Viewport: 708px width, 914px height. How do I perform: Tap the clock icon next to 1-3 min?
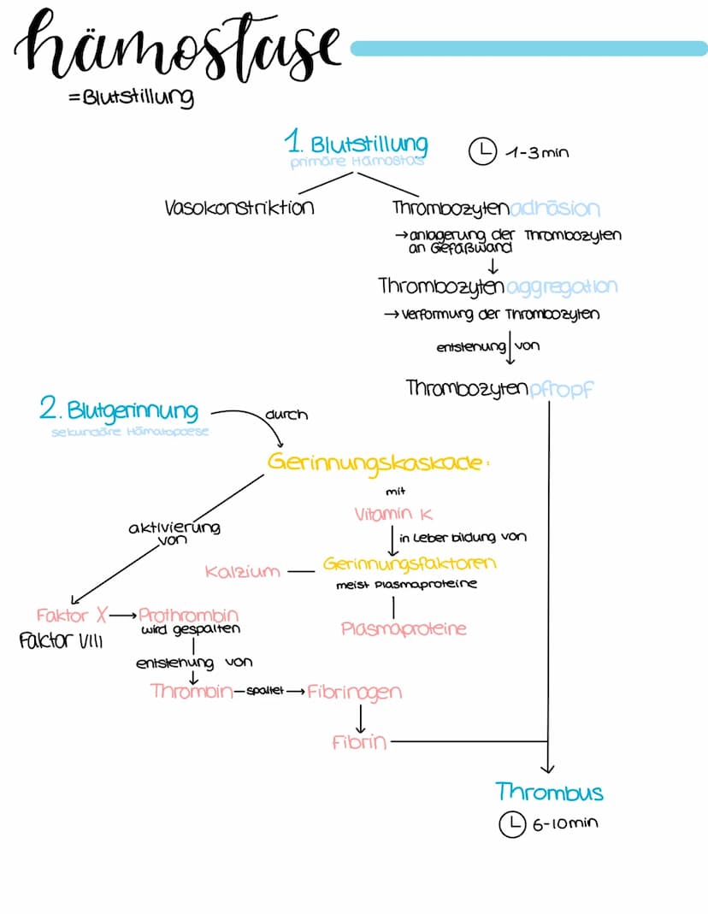click(482, 151)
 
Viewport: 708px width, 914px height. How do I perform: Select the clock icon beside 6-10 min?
click(510, 823)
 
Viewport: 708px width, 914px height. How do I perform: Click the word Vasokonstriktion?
click(239, 208)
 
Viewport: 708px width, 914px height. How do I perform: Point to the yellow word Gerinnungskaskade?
click(381, 462)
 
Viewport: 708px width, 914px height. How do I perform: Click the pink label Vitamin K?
click(394, 514)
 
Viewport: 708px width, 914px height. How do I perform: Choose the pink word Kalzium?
click(243, 570)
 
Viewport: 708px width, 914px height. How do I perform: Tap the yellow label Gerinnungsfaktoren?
click(410, 564)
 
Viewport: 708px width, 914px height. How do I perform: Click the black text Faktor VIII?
click(60, 640)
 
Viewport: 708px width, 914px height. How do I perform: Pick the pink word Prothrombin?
click(188, 615)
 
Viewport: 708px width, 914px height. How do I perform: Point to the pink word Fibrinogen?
click(354, 691)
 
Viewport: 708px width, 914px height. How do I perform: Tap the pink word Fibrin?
click(359, 742)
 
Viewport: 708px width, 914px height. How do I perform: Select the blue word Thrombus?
click(549, 792)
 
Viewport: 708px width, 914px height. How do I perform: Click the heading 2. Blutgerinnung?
click(119, 410)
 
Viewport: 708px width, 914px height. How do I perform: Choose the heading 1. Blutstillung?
click(357, 143)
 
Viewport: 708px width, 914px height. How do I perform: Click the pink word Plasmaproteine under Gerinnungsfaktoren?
click(404, 628)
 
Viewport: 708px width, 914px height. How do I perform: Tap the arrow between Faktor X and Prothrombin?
click(123, 615)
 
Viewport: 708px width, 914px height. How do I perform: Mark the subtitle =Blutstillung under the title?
click(130, 97)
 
